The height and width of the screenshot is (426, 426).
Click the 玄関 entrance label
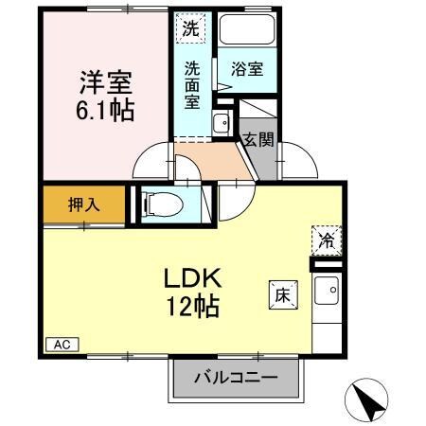point(257,140)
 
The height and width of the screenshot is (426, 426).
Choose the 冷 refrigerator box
point(324,240)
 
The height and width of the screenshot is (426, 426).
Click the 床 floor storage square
point(282,293)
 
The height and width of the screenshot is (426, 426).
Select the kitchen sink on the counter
point(328,294)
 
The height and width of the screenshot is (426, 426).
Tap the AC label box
point(61,345)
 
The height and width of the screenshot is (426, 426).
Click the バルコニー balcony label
point(237,377)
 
